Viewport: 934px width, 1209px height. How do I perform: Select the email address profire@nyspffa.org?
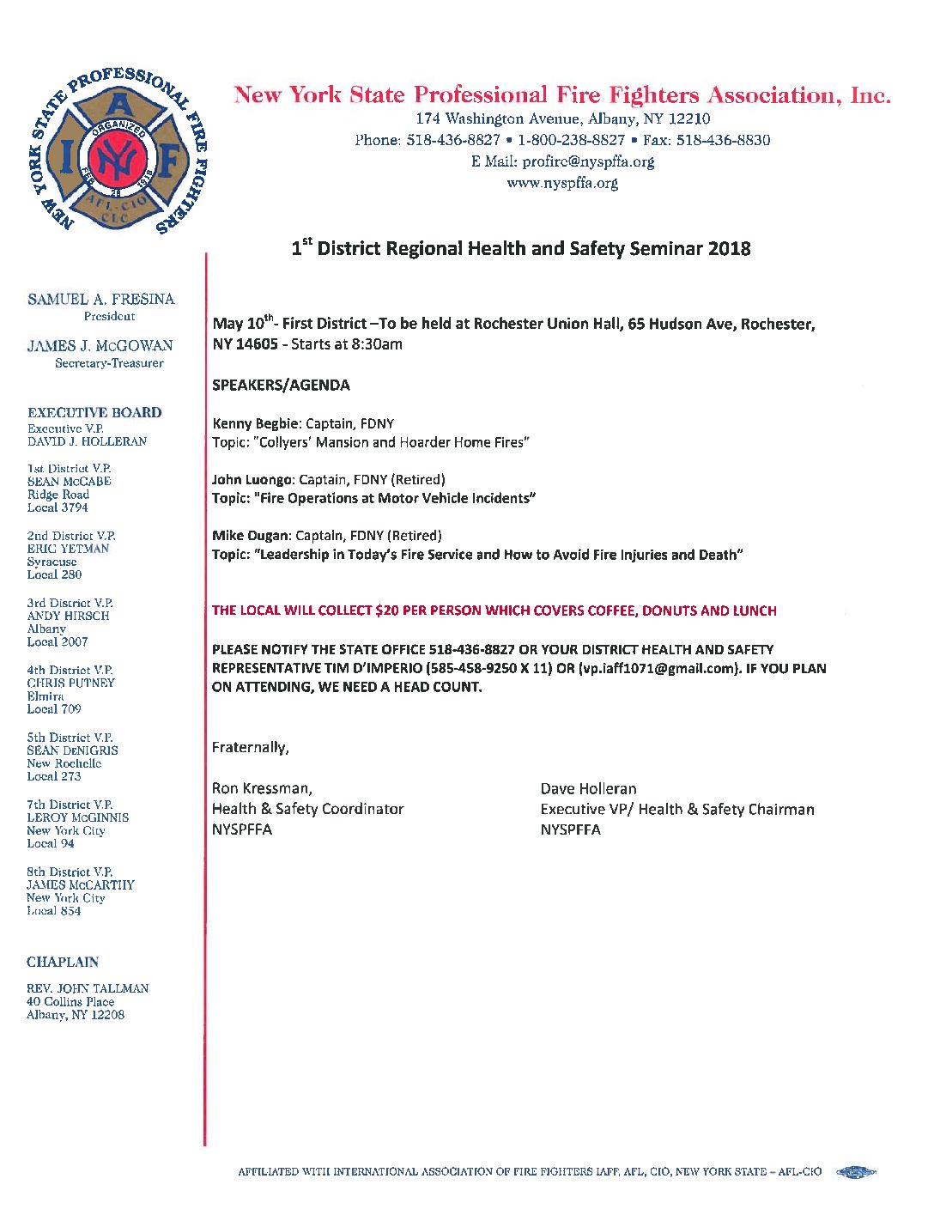coord(588,161)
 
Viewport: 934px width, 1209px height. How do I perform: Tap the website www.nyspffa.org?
coord(562,183)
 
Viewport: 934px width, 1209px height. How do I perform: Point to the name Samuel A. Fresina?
coord(100,299)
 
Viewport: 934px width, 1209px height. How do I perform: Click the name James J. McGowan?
coord(100,345)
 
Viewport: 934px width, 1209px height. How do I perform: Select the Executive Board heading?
coord(94,412)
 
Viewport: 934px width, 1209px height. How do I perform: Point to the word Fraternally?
coord(250,747)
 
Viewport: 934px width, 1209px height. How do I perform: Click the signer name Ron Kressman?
coord(261,788)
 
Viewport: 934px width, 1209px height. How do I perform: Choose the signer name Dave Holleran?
coord(588,788)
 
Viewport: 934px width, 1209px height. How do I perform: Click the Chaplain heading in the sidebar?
coord(63,962)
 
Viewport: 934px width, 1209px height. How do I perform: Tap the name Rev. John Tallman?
coord(88,988)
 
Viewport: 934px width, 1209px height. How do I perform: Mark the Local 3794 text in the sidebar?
coord(58,507)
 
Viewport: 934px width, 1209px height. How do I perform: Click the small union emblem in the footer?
coord(855,1171)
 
